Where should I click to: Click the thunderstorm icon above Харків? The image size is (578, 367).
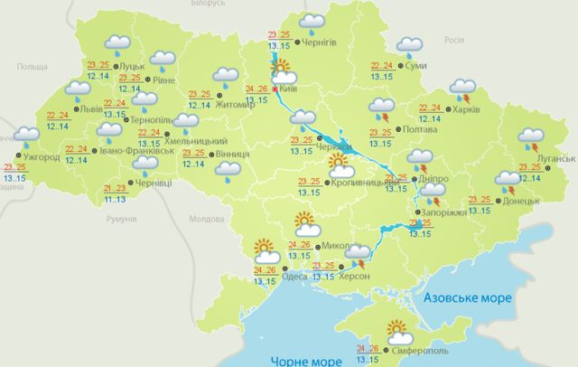(462, 89)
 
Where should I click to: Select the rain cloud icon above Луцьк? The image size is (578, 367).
(117, 42)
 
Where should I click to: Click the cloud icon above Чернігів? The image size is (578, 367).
(312, 21)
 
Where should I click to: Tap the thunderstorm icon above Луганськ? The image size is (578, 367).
(530, 139)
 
